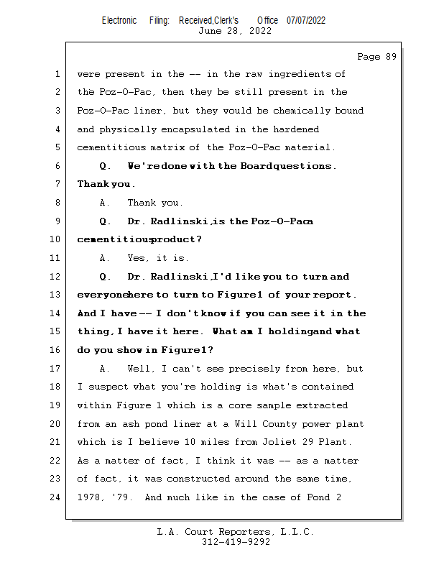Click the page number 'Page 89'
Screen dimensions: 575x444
point(376,57)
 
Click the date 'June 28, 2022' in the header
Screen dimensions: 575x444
point(235,31)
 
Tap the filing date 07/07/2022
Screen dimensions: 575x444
point(306,20)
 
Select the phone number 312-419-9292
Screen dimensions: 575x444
point(236,542)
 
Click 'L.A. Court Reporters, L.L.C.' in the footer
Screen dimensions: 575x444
point(235,532)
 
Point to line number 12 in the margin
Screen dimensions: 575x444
point(56,277)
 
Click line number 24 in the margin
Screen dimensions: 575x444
point(56,497)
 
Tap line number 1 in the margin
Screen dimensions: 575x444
point(57,74)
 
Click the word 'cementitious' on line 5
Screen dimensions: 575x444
point(111,148)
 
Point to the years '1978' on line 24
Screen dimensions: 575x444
point(91,497)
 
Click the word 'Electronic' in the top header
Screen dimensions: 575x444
point(119,20)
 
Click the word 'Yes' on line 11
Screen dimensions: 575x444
point(139,258)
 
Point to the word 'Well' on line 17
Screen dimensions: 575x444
point(142,369)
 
